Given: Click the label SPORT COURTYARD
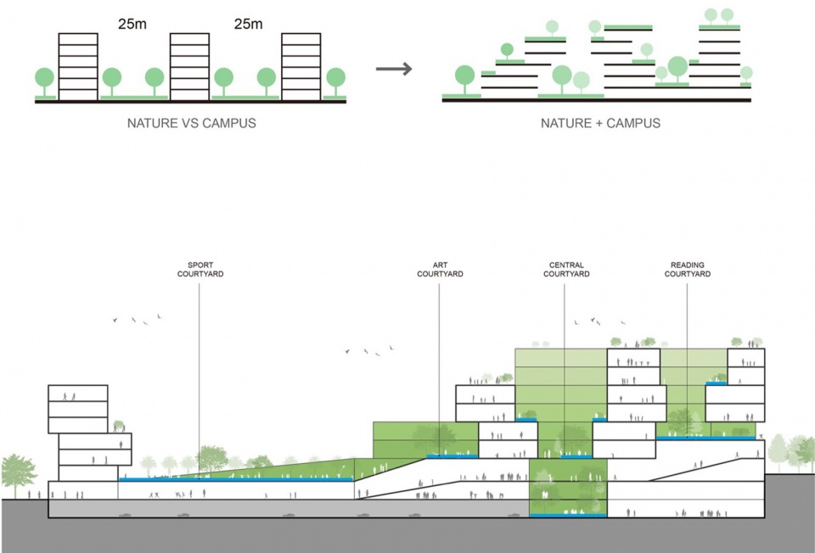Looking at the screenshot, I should (x=200, y=270).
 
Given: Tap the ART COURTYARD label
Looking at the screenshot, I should (x=440, y=270).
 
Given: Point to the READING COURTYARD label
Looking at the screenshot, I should (x=687, y=270).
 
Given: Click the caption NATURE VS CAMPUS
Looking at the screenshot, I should (x=191, y=123).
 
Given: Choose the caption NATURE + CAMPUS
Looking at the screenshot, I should (x=600, y=123).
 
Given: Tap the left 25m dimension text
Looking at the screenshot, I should (x=132, y=25).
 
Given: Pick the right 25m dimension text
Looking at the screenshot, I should (x=248, y=25).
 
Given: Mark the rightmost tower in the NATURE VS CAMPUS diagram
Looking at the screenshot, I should (x=301, y=66).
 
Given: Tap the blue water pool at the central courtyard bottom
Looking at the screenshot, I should (x=567, y=515).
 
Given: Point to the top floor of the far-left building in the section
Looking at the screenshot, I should (x=78, y=394).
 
